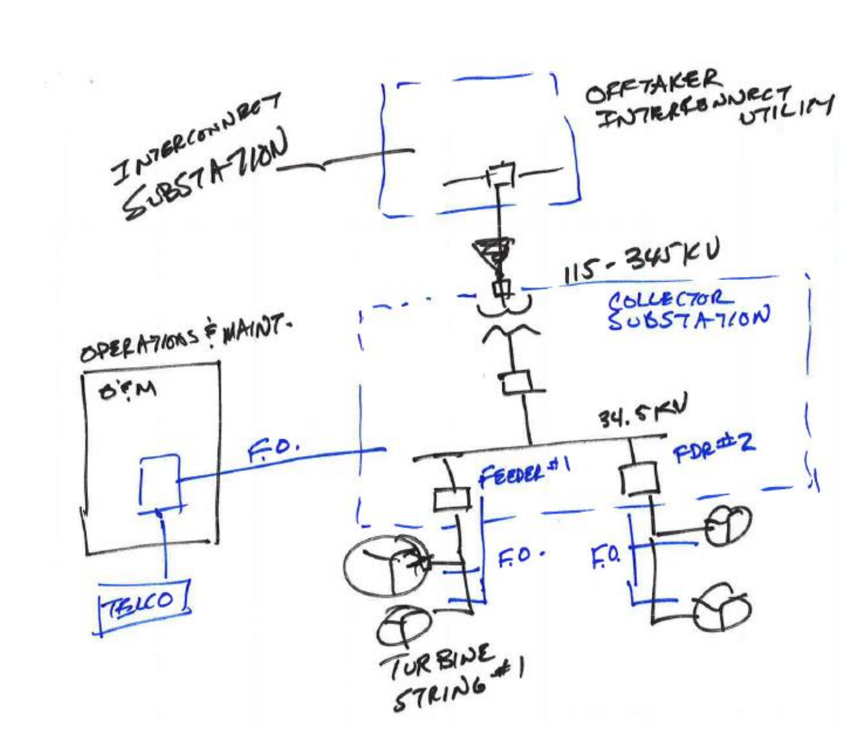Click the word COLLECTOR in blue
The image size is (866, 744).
(667, 299)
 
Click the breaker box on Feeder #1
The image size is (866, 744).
(452, 499)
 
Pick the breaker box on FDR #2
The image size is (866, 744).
(638, 479)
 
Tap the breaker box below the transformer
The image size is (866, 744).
(515, 383)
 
